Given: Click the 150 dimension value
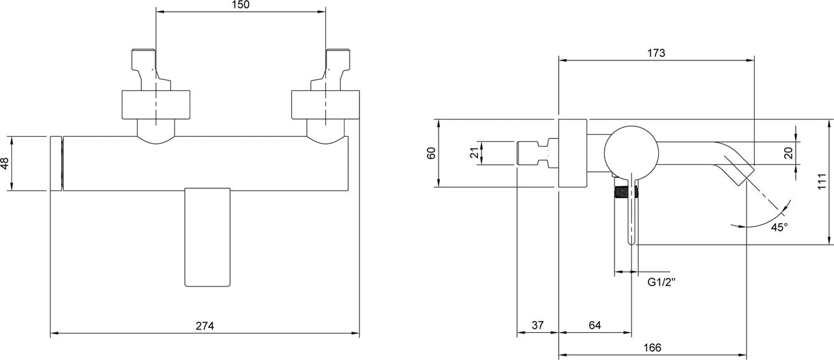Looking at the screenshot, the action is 240,5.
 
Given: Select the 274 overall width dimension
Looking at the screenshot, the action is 205,326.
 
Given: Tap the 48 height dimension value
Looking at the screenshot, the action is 4,163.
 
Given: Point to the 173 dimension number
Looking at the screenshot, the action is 655,53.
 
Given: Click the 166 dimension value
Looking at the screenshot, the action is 653,347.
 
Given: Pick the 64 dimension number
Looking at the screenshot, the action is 595,325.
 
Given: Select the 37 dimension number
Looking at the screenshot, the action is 537,325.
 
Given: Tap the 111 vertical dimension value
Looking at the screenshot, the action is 822,181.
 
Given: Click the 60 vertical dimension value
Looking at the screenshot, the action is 431,153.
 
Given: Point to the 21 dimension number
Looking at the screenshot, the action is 474,153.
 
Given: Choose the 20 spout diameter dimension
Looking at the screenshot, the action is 789,153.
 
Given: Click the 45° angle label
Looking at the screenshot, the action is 779,227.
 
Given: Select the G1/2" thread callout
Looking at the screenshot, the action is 661,282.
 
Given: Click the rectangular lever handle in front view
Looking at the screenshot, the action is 207,237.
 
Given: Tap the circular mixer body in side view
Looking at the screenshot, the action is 631,153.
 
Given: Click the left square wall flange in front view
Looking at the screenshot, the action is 156,105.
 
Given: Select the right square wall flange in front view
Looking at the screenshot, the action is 325,105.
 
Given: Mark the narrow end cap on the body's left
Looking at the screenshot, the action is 56,163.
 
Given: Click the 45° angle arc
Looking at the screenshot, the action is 767,222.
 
